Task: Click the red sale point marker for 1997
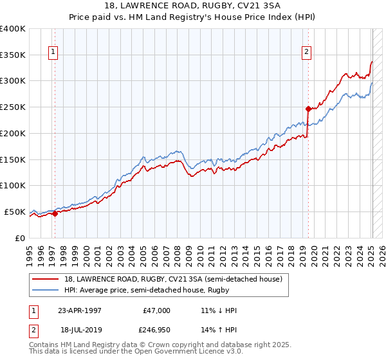click(x=55, y=214)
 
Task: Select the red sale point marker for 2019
click(x=308, y=108)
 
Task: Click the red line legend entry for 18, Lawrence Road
click(x=172, y=279)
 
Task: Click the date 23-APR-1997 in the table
click(x=80, y=310)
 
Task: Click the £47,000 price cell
click(x=156, y=310)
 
